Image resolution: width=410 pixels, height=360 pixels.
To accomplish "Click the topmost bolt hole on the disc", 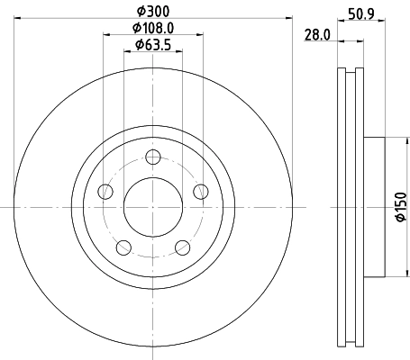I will [x=153, y=158].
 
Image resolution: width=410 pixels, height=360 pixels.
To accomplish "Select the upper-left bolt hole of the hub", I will [x=105, y=191].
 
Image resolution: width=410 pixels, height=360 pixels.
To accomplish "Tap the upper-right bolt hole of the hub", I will [x=200, y=191].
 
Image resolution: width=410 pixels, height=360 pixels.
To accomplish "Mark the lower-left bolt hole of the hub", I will [x=123, y=247].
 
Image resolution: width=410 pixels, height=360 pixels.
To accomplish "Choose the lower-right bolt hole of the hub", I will [x=182, y=247].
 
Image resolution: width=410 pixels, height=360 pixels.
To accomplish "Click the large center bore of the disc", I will [x=153, y=206].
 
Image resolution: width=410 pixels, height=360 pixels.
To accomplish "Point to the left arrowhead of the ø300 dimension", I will [x=19, y=18].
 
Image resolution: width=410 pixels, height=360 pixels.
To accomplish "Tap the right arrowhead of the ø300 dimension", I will [x=287, y=18].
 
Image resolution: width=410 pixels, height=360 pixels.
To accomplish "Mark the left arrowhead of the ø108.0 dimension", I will [x=107, y=35].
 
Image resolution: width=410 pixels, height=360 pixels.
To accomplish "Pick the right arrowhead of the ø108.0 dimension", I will [x=199, y=35].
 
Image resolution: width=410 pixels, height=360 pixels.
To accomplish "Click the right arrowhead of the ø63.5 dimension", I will [x=180, y=52].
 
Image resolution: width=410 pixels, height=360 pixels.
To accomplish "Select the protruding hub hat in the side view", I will [x=373, y=207].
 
